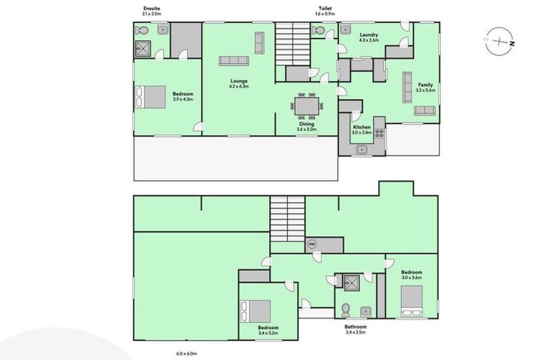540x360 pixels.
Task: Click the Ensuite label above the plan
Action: (x=150, y=8)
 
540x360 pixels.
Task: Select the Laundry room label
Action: (x=369, y=34)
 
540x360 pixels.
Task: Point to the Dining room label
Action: (x=307, y=124)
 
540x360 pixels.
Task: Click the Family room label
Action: (x=425, y=84)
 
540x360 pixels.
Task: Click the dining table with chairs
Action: (x=307, y=106)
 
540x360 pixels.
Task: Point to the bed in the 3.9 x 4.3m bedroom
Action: (x=151, y=96)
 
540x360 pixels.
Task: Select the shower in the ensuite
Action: (x=145, y=48)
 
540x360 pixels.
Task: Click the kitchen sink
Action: (x=363, y=148)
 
